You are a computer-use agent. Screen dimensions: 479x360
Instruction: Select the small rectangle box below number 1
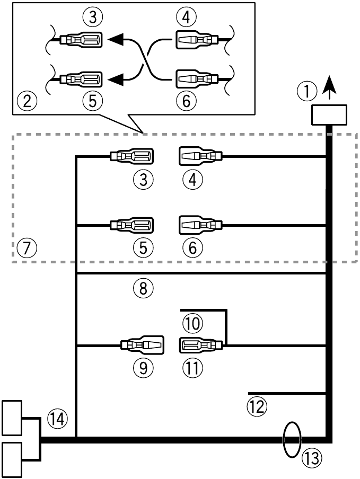[329, 115]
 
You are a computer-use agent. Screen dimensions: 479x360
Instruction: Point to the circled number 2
[27, 100]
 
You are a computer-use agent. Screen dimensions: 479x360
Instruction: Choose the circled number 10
[192, 323]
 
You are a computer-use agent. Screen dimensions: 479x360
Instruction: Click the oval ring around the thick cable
[291, 439]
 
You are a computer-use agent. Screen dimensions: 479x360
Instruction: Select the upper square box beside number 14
[13, 418]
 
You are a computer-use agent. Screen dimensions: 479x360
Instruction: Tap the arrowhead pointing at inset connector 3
[117, 39]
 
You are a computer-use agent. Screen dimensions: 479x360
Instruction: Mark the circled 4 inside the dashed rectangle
[192, 180]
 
